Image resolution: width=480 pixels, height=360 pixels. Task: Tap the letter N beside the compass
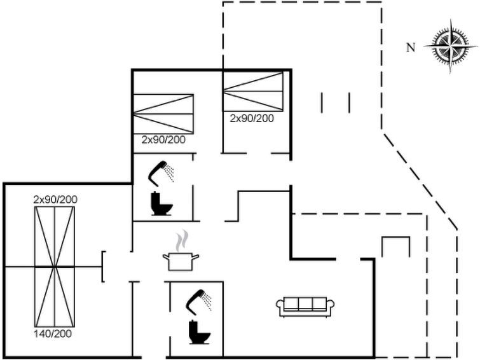point(411,46)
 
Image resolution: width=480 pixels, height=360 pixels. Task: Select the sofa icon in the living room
point(301,307)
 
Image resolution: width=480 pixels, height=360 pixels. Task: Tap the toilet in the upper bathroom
point(159,204)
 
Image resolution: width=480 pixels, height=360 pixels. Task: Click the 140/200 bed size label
point(55,333)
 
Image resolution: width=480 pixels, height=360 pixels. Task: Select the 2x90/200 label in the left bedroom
point(55,200)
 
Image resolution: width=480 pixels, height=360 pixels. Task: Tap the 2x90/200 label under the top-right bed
point(252,118)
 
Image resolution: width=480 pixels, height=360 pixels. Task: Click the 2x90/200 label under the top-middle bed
point(163,139)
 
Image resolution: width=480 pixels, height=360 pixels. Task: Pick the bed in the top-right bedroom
point(252,92)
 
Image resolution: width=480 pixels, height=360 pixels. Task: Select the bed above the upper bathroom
point(163,113)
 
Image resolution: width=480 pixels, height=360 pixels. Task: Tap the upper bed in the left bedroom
point(55,235)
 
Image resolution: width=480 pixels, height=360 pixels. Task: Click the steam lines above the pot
point(182,240)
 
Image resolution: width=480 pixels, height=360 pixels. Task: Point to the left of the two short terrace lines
point(322,102)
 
